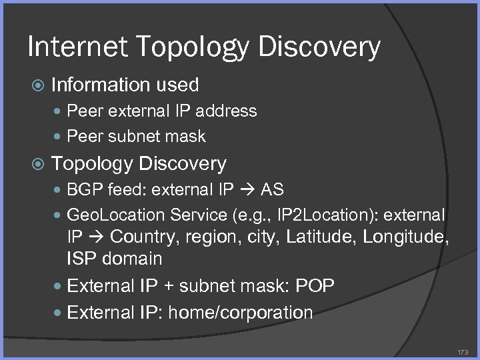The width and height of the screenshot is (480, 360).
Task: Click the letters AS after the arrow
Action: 272,190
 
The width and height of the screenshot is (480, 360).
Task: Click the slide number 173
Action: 463,351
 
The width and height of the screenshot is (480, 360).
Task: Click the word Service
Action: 199,215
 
